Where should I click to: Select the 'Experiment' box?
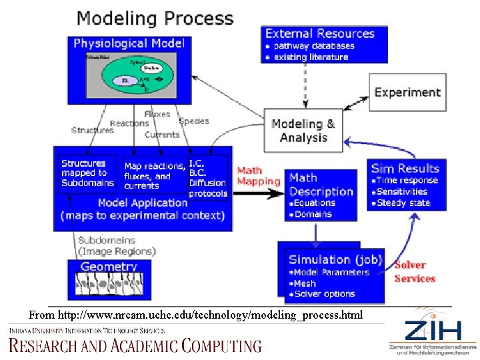(407, 93)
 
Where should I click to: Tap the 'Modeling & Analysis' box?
(303, 131)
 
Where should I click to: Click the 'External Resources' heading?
(320, 33)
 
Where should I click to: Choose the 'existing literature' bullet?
(311, 57)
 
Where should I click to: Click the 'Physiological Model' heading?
(129, 43)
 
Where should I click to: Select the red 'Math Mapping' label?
(259, 176)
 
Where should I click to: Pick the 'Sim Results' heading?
(405, 169)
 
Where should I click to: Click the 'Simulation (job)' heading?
(335, 259)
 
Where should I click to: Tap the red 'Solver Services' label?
(414, 272)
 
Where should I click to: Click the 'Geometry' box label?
(109, 267)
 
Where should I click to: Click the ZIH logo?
(431, 331)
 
